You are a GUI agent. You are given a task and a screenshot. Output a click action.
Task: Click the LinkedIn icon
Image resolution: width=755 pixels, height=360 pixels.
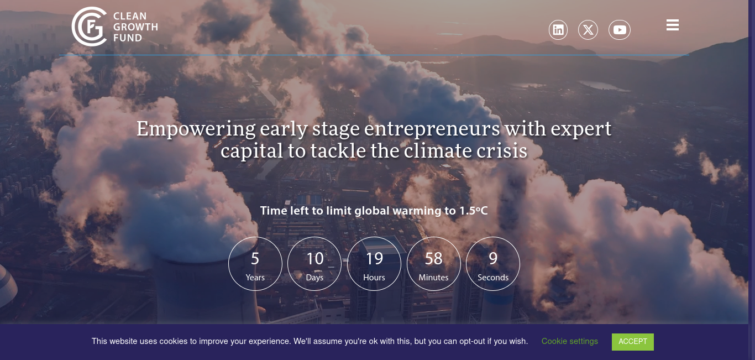558,30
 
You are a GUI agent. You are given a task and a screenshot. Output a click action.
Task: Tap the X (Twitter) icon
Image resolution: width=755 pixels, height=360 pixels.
588,30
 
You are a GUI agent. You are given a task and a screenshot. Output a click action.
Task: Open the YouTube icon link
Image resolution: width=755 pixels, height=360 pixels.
619,30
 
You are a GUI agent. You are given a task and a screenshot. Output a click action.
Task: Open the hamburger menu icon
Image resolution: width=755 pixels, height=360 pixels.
673,25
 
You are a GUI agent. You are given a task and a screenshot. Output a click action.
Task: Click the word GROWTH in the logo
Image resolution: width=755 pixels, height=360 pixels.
135,27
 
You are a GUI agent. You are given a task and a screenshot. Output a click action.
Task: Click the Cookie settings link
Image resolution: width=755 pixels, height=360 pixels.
570,341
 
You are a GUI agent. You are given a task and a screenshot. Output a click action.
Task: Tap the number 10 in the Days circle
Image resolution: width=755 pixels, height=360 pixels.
315,259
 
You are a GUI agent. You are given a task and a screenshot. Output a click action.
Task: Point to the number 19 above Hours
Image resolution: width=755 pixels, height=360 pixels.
375,259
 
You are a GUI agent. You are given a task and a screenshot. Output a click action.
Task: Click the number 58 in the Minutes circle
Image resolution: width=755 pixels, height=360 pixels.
433,259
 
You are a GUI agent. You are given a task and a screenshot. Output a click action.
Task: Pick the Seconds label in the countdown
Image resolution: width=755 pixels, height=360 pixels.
493,278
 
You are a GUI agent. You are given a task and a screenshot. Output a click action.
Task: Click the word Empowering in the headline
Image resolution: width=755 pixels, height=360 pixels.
196,129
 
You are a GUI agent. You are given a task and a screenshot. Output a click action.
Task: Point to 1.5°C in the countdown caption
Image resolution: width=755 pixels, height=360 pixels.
474,211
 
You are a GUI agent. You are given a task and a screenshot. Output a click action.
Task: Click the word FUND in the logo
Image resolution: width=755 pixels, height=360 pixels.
128,38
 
